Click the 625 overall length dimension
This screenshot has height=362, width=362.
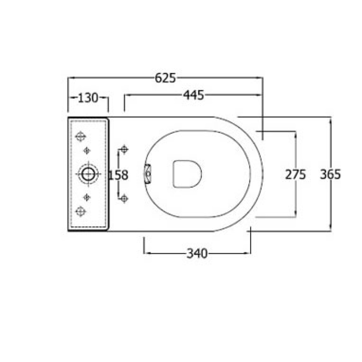(x=165, y=78)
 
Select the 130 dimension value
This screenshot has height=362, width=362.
(x=88, y=98)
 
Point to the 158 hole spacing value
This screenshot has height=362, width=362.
(x=118, y=175)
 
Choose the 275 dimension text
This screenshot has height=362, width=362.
(x=295, y=174)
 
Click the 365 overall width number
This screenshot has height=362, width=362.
(x=330, y=174)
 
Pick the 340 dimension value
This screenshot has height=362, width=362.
(x=197, y=254)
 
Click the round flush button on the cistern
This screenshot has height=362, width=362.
(x=88, y=173)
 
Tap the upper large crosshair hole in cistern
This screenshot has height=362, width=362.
(x=80, y=137)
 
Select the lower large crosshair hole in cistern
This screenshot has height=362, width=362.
(x=80, y=211)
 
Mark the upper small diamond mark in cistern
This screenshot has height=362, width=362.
(x=88, y=150)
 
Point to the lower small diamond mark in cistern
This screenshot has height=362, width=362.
(x=88, y=197)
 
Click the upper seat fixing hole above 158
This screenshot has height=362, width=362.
(x=124, y=149)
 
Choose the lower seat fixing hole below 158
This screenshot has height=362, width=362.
(x=124, y=198)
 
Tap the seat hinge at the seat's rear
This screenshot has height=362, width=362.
(x=148, y=174)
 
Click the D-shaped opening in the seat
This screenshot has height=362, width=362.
(x=187, y=174)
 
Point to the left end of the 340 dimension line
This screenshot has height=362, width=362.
(x=144, y=253)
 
